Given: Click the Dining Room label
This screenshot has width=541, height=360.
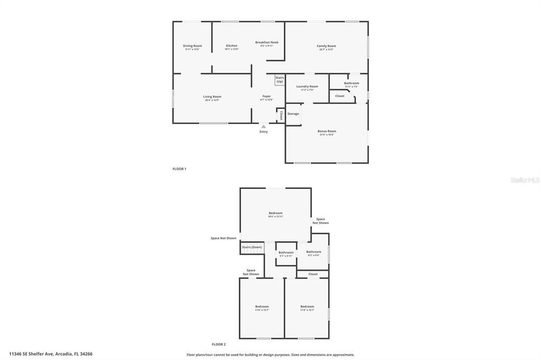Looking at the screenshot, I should pyautogui.click(x=192, y=46).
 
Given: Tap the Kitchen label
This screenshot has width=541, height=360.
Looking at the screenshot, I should pyautogui.click(x=231, y=46).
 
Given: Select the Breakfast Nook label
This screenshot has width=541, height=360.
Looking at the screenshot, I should pyautogui.click(x=267, y=43).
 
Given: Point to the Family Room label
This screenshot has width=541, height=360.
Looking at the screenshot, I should pyautogui.click(x=326, y=46).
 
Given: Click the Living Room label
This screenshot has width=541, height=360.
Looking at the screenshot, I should pyautogui.click(x=212, y=97).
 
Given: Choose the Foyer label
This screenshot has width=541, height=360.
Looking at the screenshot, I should pyautogui.click(x=266, y=97).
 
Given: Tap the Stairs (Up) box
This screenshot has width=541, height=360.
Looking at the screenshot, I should pyautogui.click(x=279, y=80).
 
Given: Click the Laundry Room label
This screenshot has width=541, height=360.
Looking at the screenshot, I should pyautogui.click(x=307, y=87).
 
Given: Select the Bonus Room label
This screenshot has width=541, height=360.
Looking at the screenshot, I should pyautogui.click(x=327, y=131).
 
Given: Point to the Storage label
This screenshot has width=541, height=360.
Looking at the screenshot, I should pyautogui.click(x=293, y=113).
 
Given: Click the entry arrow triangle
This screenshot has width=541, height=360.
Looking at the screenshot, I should pyautogui.click(x=264, y=127).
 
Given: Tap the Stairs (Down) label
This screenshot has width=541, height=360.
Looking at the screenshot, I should pyautogui.click(x=252, y=247).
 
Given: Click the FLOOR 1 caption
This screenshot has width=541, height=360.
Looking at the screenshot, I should pyautogui.click(x=179, y=169).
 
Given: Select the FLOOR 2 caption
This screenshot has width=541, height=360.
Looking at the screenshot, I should pyautogui.click(x=218, y=344).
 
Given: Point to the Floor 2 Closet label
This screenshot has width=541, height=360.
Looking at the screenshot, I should pyautogui.click(x=313, y=274).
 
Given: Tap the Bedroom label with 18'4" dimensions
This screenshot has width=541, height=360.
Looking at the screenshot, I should pyautogui.click(x=275, y=213).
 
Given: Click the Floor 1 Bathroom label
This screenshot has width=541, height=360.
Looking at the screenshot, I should pyautogui.click(x=351, y=83).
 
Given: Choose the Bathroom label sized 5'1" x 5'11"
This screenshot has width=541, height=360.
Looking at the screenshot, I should pyautogui.click(x=286, y=252).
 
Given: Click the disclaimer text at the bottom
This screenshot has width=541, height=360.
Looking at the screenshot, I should pyautogui.click(x=270, y=355).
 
